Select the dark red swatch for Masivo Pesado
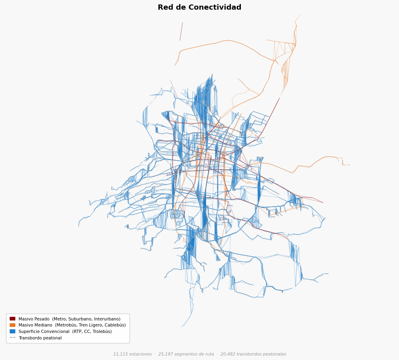coord(13,319)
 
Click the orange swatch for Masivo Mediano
coord(13,325)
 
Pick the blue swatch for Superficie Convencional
coord(13,331)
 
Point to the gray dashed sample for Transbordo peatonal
coord(13,338)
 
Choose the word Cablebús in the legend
coord(116,325)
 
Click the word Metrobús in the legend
coord(66,325)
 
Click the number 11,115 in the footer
coord(120,354)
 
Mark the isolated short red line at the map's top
coord(181,31)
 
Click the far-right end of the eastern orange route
coord(350,165)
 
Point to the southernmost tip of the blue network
coord(182,326)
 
